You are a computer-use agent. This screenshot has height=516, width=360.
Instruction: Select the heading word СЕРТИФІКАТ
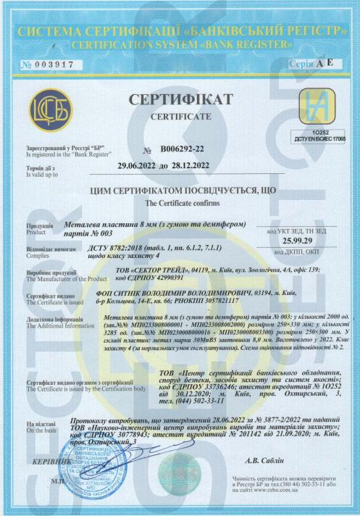[181, 99]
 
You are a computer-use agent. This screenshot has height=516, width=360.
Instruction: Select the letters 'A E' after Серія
[324, 63]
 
